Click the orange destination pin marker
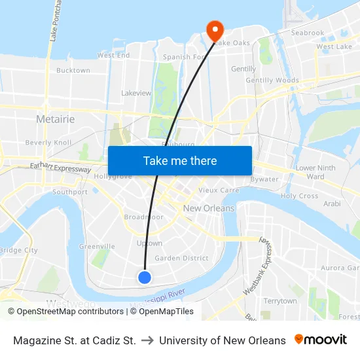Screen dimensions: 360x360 coord(215,29)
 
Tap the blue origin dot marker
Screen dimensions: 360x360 coord(145,278)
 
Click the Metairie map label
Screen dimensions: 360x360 coord(55,119)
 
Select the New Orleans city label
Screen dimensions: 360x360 coord(208,208)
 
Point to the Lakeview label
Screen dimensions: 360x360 coord(136,94)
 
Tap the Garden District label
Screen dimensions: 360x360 coord(181,258)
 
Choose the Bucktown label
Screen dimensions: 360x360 coord(73,70)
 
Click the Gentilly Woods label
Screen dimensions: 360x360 coord(272,81)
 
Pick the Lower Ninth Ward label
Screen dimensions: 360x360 coord(315,172)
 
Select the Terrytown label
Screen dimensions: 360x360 coord(280,300)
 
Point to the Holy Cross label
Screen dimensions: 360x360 coord(299,196)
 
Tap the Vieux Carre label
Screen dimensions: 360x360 coord(219,190)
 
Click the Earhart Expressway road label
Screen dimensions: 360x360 coord(61,169)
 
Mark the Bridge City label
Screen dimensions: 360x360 coord(18,250)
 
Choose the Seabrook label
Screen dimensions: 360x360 coord(307,33)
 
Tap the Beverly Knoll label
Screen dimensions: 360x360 coord(48,142)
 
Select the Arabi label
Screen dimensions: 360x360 coord(332,204)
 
